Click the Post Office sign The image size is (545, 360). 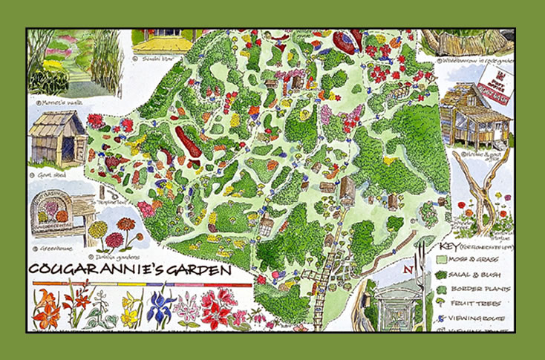(496, 77)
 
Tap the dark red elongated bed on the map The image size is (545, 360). (189, 143)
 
